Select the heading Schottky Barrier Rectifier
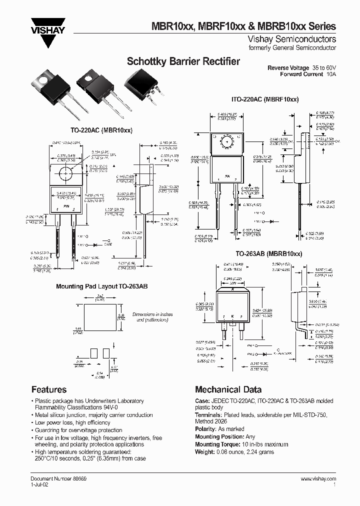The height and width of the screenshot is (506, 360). coord(183,62)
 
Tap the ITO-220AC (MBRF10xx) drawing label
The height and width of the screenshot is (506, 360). coord(265,99)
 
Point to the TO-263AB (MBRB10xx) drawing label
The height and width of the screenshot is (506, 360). coord(265,254)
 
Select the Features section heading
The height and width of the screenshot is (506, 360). coord(49,389)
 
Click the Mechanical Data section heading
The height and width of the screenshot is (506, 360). coord(228,389)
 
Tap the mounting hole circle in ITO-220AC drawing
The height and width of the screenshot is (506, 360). coord(227,142)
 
